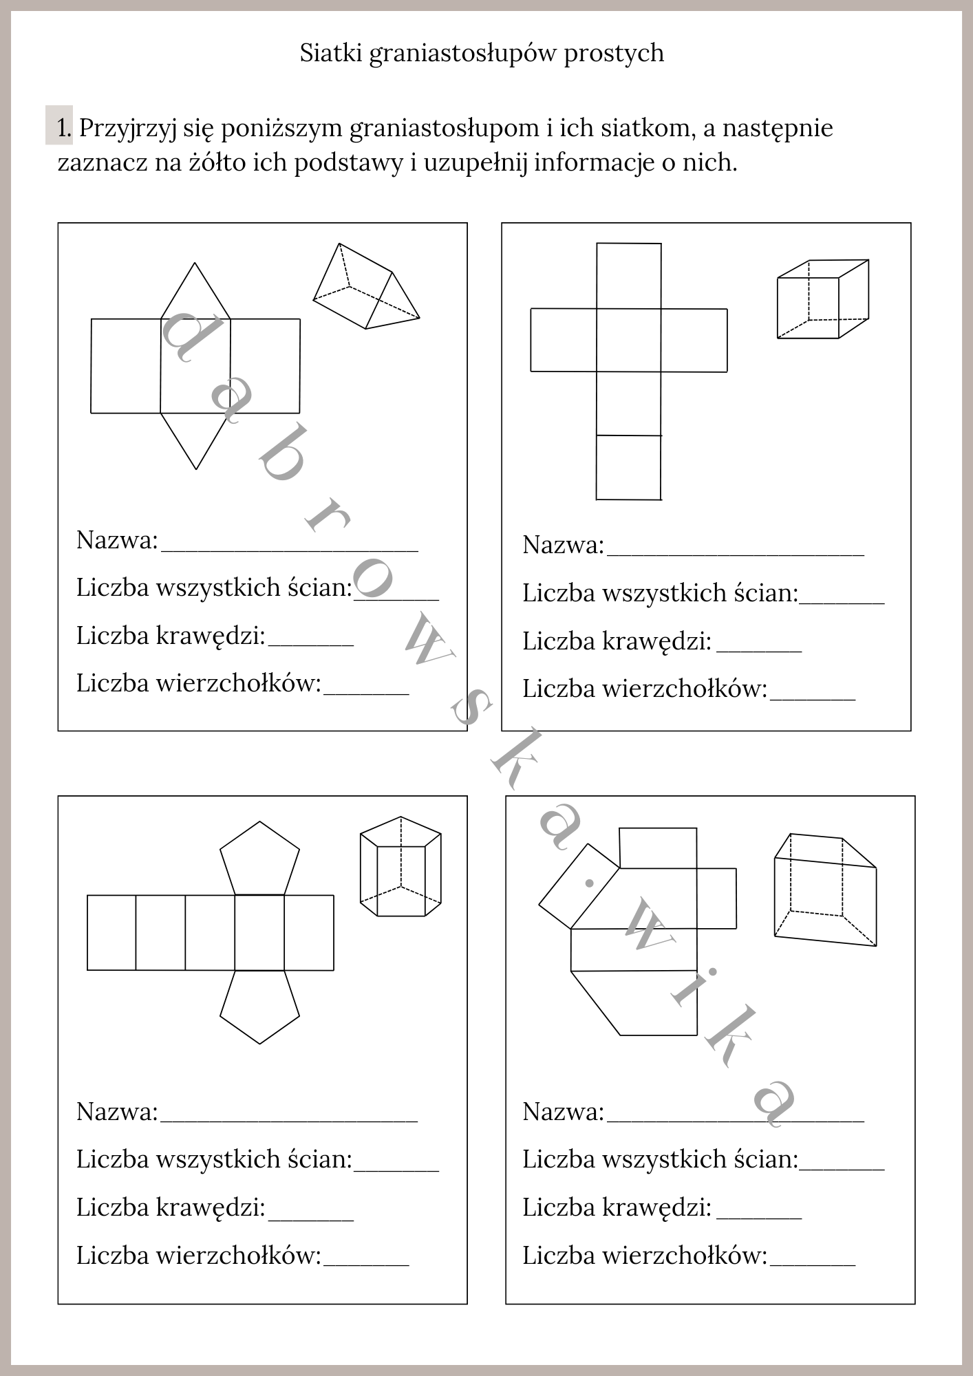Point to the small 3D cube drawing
pyautogui.click(x=822, y=299)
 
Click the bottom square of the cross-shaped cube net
pyautogui.click(x=628, y=467)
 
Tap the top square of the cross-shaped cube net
pyautogui.click(x=628, y=276)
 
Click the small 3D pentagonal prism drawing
pyautogui.click(x=400, y=867)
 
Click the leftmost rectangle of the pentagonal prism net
pyautogui.click(x=111, y=932)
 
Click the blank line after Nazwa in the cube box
pyautogui.click(x=735, y=550)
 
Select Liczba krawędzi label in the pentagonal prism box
pyautogui.click(x=171, y=1207)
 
